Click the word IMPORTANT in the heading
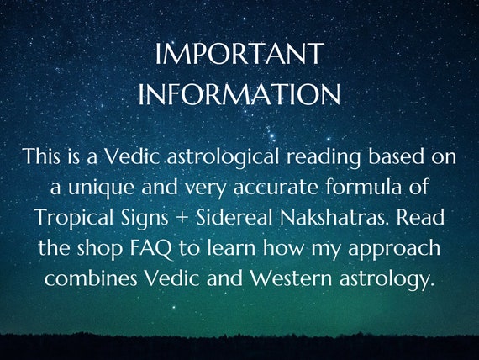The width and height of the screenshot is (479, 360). tap(239, 54)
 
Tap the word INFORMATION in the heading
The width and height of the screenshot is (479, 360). tap(239, 93)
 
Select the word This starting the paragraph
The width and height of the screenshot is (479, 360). tap(41, 156)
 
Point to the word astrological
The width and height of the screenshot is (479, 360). tap(223, 157)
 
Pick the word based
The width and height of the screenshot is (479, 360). tap(396, 156)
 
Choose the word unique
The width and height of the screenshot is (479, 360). tap(101, 188)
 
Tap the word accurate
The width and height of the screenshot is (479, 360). tap(276, 188)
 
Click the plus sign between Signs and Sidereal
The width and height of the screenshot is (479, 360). tap(182, 218)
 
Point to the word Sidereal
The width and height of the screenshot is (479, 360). tap(234, 217)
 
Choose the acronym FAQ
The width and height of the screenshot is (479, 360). tap(151, 248)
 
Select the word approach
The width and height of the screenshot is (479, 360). tap(394, 249)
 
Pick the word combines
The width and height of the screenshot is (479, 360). tap(91, 278)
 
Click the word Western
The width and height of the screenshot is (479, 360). tap(291, 278)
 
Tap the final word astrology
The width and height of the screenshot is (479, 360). tap(387, 279)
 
